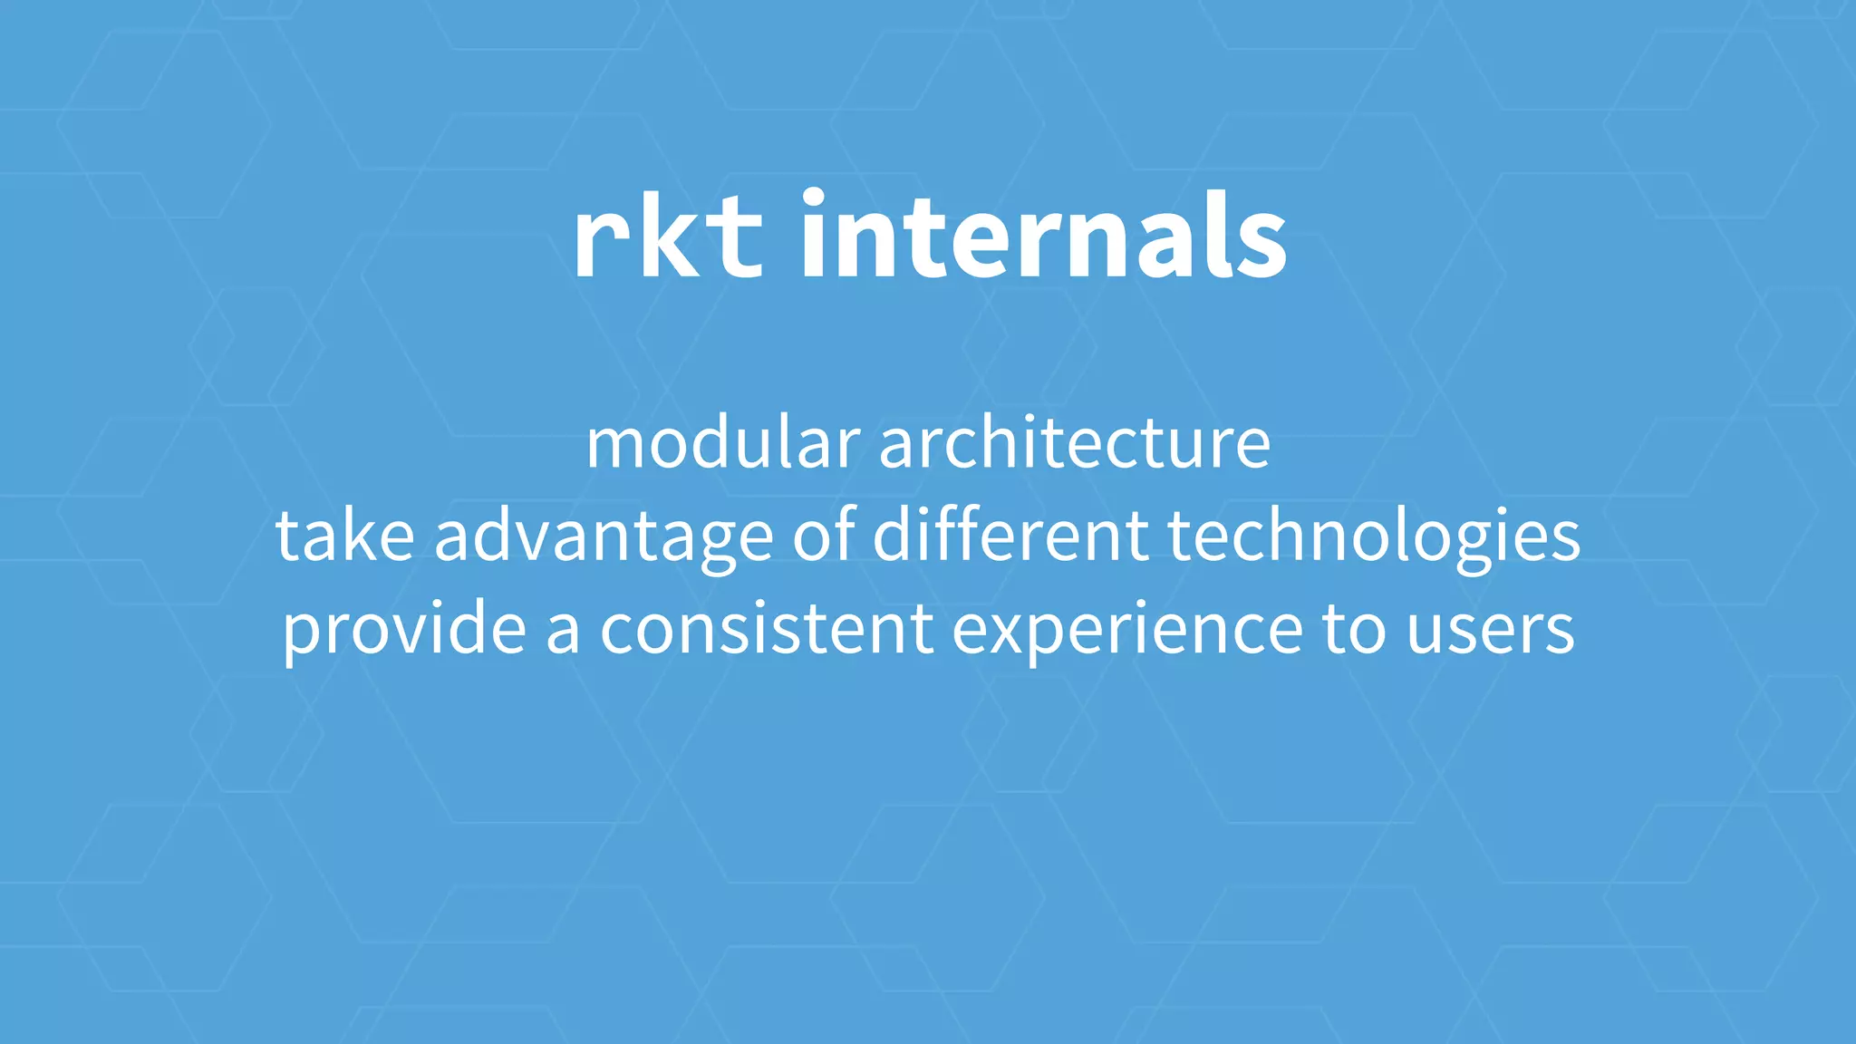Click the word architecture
tap(1075, 444)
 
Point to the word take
tap(345, 536)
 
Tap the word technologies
tap(1374, 537)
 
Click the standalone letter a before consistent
tap(563, 632)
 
